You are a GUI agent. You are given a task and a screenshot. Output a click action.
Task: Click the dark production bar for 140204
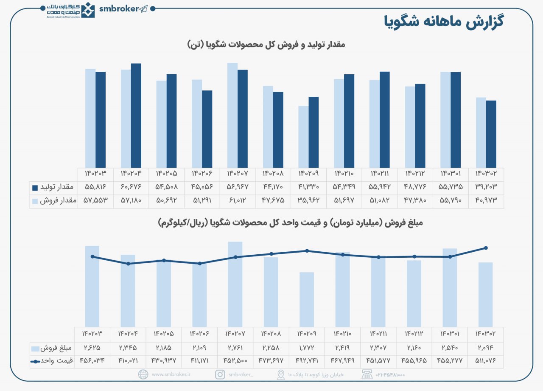tap(136, 115)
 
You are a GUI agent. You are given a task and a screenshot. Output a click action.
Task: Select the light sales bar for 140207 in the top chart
tap(232, 115)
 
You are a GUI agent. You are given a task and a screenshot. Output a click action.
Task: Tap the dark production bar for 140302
tap(491, 134)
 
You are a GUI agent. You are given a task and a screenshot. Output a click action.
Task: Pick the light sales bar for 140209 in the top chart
tap(303, 137)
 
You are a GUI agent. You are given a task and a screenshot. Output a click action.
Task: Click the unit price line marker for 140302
tap(486, 248)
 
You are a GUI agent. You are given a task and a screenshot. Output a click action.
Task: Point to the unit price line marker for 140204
tap(128, 264)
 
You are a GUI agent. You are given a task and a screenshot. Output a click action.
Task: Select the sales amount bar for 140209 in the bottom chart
tap(306, 299)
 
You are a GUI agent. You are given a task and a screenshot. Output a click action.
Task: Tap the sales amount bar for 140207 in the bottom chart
tap(235, 284)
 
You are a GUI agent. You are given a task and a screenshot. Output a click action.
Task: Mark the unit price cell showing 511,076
tap(486, 361)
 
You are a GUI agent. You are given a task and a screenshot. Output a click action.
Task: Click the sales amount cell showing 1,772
tap(306, 348)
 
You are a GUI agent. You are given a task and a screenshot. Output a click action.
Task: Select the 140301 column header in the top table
tap(451, 174)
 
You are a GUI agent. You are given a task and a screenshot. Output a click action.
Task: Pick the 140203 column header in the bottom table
tap(92, 334)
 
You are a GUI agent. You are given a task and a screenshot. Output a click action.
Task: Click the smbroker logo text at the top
tap(119, 9)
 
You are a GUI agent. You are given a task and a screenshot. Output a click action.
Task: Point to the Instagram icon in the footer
tap(220, 374)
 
